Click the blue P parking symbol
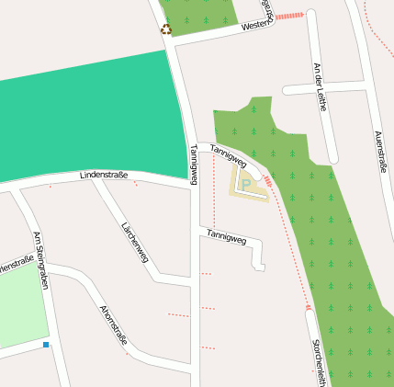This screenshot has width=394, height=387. tap(246, 184)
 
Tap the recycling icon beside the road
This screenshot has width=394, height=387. tap(166, 29)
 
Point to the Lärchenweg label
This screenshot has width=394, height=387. tap(134, 241)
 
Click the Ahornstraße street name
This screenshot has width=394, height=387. tap(113, 327)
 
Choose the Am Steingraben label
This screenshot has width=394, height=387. tap(39, 260)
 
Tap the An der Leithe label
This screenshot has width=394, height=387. tap(321, 86)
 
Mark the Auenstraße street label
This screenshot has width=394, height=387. tap(380, 151)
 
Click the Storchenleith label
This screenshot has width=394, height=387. tap(317, 362)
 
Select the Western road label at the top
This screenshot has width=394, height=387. tap(256, 27)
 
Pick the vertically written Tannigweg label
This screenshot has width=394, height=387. tap(193, 165)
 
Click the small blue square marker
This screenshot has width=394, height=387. tap(45, 345)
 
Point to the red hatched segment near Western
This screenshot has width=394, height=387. tap(289, 16)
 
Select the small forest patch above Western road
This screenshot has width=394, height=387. tap(198, 16)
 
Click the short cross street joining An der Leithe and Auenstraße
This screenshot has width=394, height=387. tap(325, 87)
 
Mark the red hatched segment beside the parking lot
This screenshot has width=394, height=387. tap(268, 181)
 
